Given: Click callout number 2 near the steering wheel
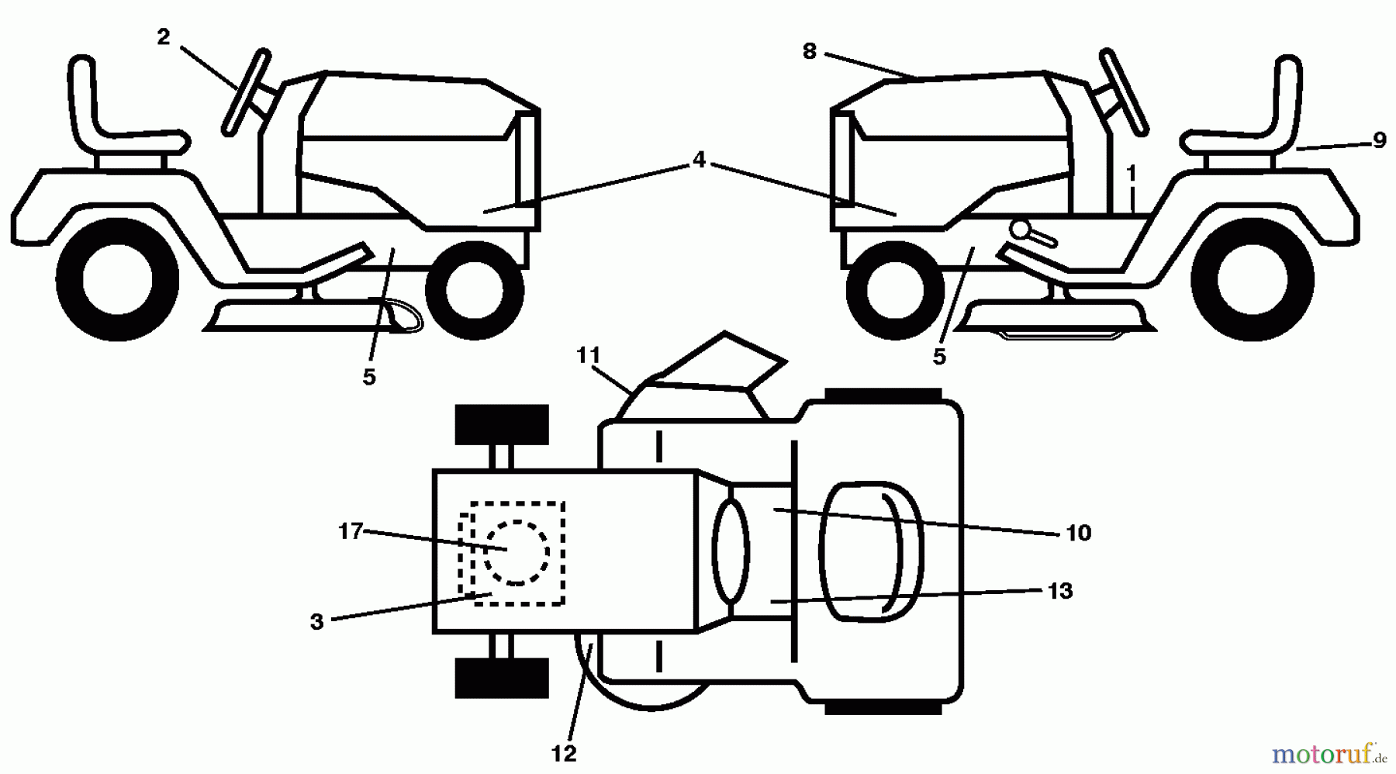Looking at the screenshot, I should [x=163, y=37].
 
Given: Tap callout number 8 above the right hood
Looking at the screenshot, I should [x=810, y=52].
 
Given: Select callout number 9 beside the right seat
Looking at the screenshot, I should [x=1379, y=140].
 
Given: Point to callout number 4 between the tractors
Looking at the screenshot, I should [x=699, y=160].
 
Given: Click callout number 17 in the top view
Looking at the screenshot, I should [x=351, y=531].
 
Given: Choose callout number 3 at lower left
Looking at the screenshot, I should [x=316, y=622].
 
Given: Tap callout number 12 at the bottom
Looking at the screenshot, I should [x=564, y=752].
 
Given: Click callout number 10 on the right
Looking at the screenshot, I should [x=1079, y=533].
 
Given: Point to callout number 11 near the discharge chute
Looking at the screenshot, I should [x=589, y=356].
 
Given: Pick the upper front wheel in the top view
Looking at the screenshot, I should [x=502, y=424].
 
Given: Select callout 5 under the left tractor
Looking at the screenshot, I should [x=369, y=377].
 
